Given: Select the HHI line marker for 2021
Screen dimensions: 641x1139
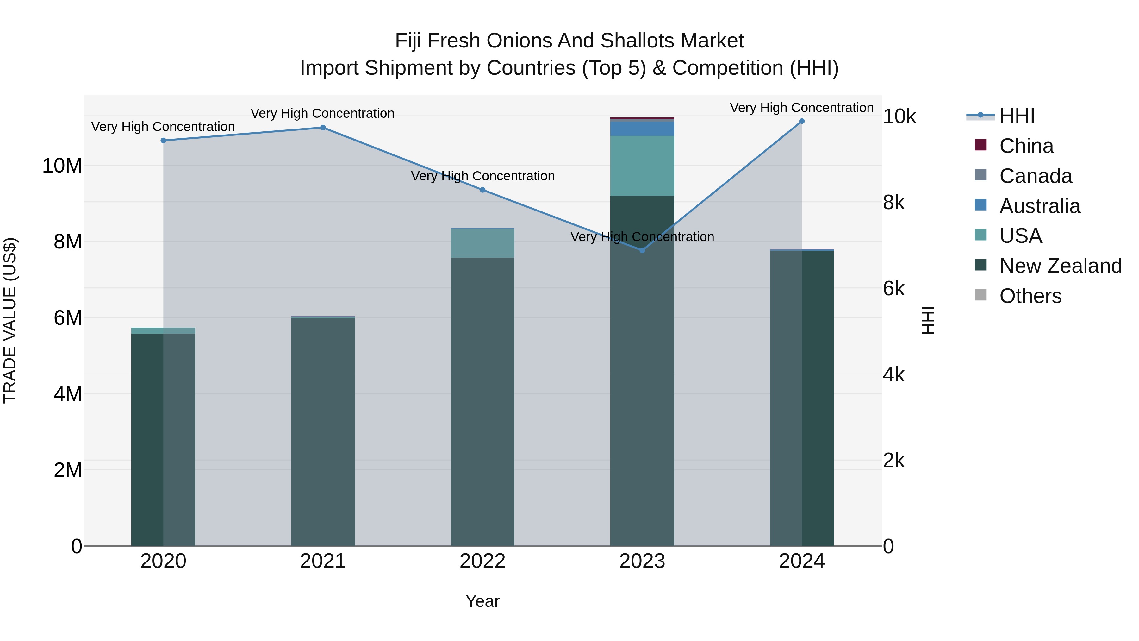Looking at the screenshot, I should pos(323,127).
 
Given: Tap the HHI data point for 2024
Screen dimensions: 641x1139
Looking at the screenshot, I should pos(802,121).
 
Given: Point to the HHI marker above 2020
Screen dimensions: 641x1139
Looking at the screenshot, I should pos(163,140).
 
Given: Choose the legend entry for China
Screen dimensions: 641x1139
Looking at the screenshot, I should pos(1026,146).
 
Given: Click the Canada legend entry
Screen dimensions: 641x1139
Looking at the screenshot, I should pos(1035,176).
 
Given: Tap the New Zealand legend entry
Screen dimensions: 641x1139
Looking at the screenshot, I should pos(1060,266).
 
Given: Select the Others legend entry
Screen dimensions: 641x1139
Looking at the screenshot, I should pos(1030,296).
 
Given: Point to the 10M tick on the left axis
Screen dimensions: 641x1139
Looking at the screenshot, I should pos(62,166).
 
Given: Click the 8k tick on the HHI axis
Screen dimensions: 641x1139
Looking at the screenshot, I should pos(893,203).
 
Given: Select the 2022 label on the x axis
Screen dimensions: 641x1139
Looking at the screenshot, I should pos(482,561).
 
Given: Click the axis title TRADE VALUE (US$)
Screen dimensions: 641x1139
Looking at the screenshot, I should pos(10,320).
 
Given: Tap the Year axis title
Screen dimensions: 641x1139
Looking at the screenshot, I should pos(482,601).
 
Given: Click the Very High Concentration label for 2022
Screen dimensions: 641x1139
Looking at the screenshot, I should pos(482,176).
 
